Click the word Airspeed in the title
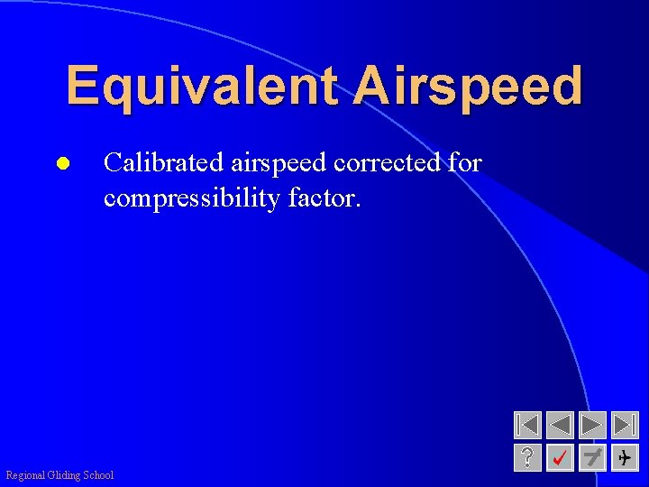coord(468,87)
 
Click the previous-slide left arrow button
coord(560,425)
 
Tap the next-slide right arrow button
coord(592,425)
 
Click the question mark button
coord(527,457)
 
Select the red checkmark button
coord(560,457)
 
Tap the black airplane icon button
coord(625,457)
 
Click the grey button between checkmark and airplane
coord(592,457)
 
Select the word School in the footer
coord(98,475)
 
